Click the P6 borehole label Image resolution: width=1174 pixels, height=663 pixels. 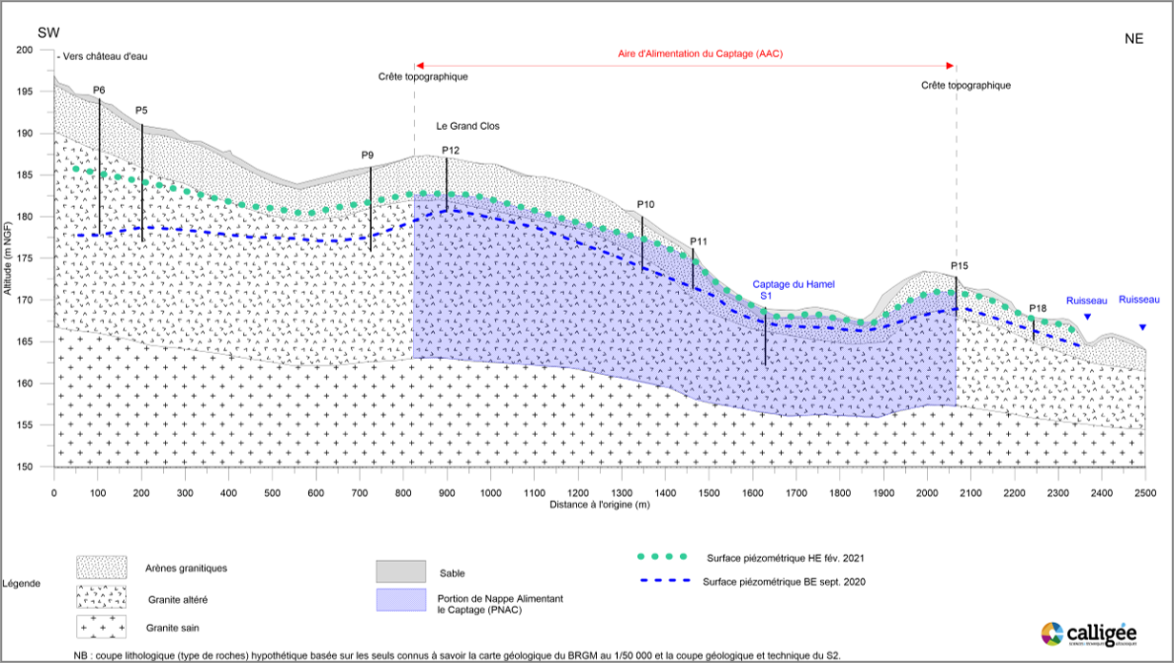tap(99, 90)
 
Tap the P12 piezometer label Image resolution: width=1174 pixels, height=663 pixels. tap(451, 151)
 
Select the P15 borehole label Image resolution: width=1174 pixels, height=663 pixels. tap(959, 265)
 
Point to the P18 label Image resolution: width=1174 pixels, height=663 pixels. tap(1038, 308)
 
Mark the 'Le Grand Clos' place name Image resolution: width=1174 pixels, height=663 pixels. tap(467, 126)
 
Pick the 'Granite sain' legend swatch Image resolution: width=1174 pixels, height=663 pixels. tap(101, 627)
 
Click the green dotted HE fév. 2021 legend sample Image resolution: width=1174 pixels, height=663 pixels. tap(663, 556)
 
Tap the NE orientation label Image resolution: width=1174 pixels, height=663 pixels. tap(1133, 39)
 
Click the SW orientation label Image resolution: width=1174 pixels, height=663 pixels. tap(48, 33)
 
